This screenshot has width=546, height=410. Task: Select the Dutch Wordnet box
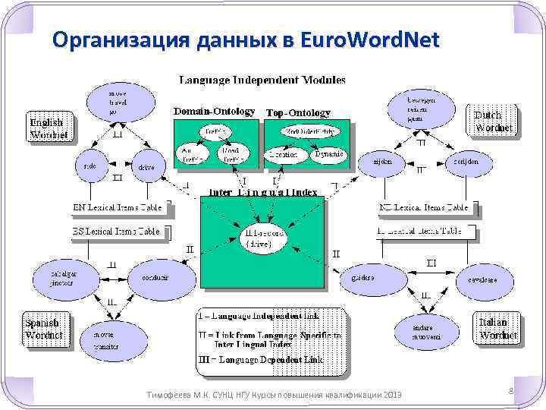point(493,121)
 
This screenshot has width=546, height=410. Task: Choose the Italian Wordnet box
point(497,328)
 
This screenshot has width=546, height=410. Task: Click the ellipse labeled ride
point(89,163)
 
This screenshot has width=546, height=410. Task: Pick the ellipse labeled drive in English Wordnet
point(147,166)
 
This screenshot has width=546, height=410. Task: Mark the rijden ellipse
point(382,162)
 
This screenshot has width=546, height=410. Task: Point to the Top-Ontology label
point(298,112)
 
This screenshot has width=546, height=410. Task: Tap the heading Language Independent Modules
point(262,79)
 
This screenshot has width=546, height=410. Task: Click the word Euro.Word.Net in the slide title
point(369,39)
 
